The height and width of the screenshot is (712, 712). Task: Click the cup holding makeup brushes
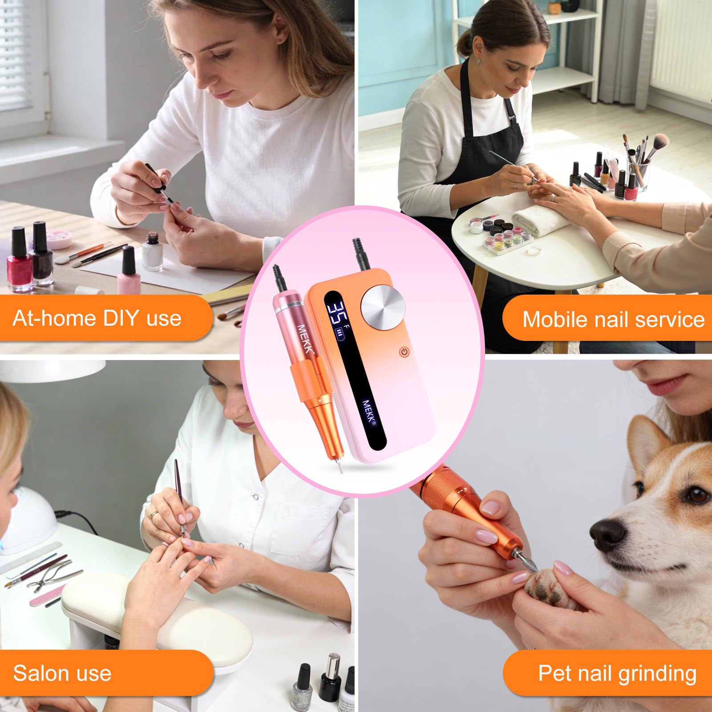click(637, 173)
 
